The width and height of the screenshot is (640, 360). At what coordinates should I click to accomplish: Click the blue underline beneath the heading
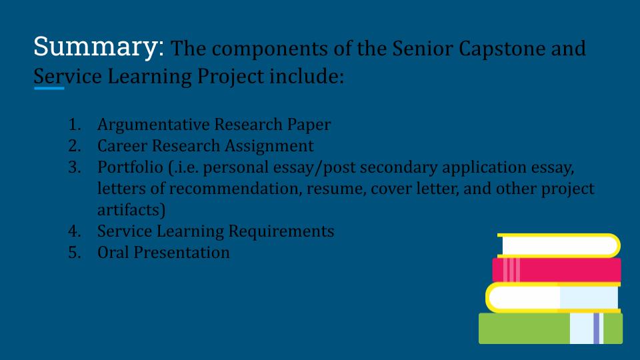49,88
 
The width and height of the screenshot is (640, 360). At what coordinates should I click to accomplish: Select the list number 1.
74,125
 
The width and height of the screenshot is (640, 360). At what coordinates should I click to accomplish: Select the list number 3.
74,167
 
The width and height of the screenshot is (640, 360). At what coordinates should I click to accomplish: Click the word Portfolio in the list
130,167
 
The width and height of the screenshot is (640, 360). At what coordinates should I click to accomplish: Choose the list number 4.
74,231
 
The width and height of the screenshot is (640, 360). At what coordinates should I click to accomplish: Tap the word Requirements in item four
281,232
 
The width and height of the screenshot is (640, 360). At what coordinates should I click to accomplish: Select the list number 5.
74,253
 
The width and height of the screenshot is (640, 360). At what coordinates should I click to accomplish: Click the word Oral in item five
113,252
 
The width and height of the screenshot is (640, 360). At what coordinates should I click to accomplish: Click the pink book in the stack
556,270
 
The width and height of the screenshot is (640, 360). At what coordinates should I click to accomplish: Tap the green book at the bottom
551,328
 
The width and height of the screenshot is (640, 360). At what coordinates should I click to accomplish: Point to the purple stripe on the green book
596,328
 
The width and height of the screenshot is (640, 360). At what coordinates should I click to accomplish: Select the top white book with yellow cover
559,246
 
